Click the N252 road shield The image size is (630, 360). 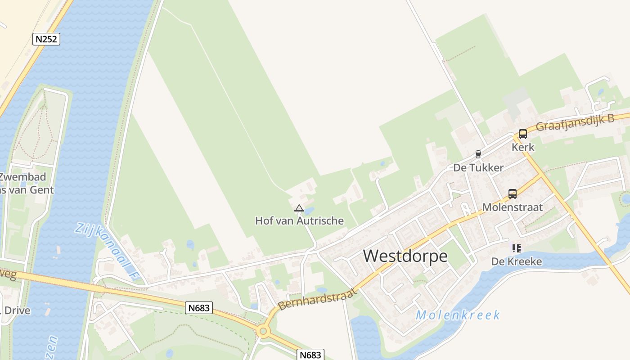(x=46, y=39)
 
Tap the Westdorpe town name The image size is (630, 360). (x=405, y=256)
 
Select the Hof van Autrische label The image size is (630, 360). (x=299, y=221)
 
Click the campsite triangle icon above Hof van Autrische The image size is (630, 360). (x=299, y=208)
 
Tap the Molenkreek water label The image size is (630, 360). (x=457, y=315)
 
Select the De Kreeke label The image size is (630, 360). (x=516, y=261)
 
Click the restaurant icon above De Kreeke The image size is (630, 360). (x=516, y=248)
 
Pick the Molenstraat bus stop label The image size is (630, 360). (x=512, y=207)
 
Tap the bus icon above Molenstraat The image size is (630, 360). (x=512, y=194)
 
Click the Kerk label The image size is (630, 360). (x=523, y=147)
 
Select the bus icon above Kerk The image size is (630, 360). (x=522, y=134)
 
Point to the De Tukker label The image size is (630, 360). (x=478, y=168)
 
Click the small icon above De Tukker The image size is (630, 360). (x=478, y=154)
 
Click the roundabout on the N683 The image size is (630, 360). (x=263, y=332)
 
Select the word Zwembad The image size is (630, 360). (x=22, y=177)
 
